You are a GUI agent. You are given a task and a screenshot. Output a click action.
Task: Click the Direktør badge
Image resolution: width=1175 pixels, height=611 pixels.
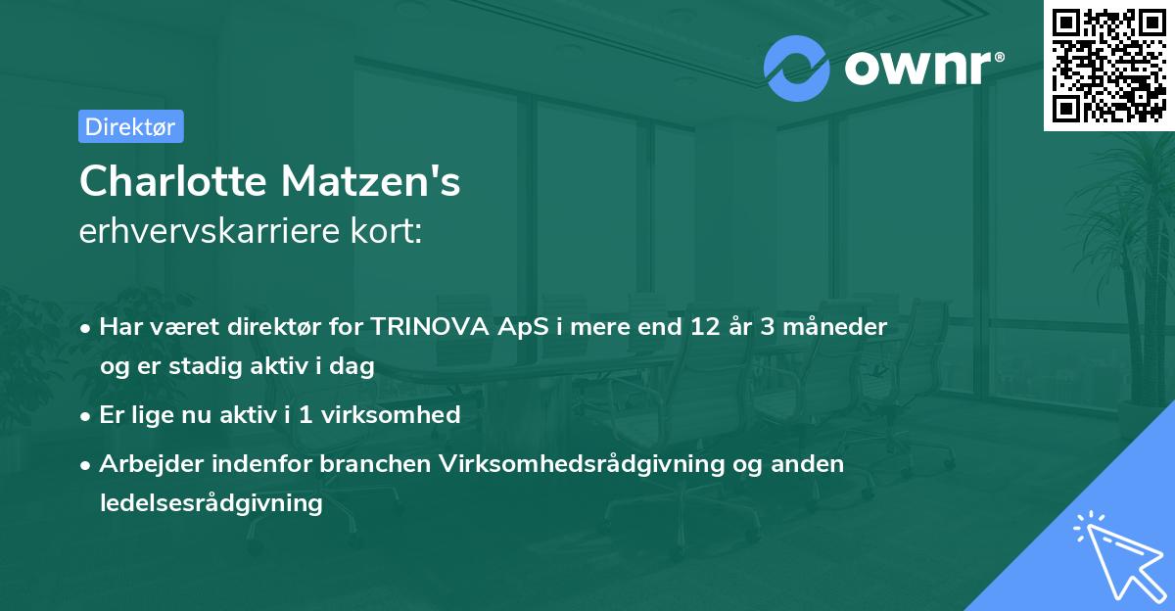click(130, 126)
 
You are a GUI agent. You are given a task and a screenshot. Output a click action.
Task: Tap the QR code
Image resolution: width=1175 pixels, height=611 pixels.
click(1108, 65)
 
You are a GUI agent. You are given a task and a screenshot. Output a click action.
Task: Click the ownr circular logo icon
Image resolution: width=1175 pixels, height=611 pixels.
click(797, 68)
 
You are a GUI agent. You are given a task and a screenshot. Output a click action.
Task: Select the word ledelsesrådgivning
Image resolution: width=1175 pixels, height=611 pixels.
click(211, 503)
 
